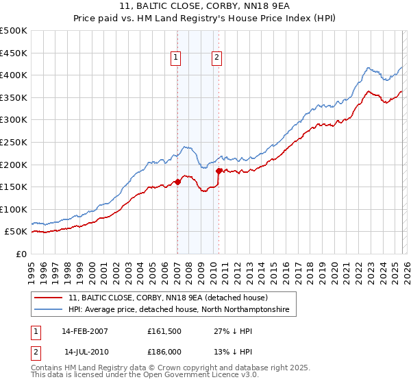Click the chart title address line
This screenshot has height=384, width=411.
tap(205, 6)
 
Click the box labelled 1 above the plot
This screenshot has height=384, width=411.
tap(177, 58)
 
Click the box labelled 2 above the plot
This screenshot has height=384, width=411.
tap(217, 58)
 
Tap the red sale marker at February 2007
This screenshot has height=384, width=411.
tap(177, 182)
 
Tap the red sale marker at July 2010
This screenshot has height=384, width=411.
tap(219, 171)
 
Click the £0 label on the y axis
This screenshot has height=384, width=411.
tap(21, 254)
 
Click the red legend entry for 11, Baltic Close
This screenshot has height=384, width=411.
tap(172, 298)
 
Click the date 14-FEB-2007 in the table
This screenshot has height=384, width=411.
tap(85, 331)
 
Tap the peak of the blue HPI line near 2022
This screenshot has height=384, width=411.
tap(369, 67)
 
